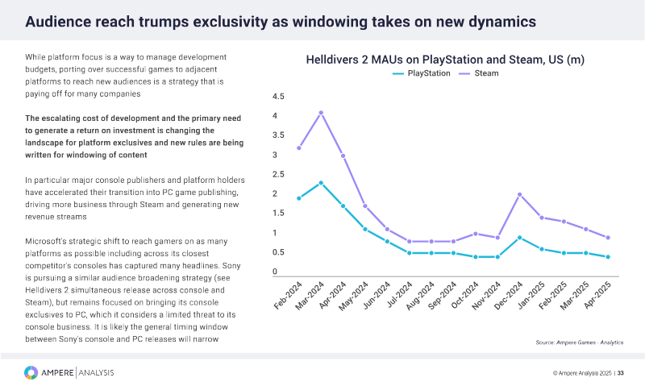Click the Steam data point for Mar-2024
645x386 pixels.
321,113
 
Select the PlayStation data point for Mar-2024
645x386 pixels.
321,183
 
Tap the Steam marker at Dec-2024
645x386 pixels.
518,194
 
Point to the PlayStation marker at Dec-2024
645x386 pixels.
518,238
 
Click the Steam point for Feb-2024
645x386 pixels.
299,147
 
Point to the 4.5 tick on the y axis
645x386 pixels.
279,97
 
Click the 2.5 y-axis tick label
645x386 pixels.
279,175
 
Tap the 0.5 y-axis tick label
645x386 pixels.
279,252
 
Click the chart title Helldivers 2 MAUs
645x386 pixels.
445,60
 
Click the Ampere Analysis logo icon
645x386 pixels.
31,372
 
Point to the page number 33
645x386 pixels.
621,373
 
